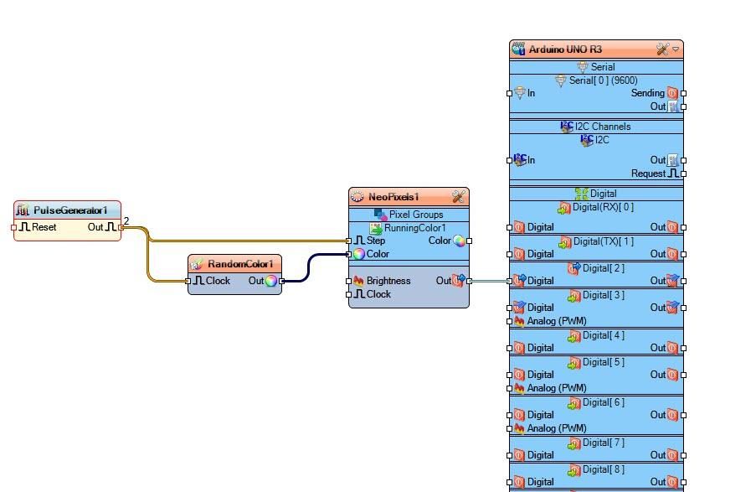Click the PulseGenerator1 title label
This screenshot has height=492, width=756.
pyautogui.click(x=70, y=210)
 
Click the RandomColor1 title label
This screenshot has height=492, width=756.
pyautogui.click(x=240, y=264)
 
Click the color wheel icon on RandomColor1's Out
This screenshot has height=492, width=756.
pyautogui.click(x=271, y=282)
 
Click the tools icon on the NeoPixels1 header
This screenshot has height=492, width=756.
pyautogui.click(x=458, y=197)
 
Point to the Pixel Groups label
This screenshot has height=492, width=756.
pyautogui.click(x=416, y=215)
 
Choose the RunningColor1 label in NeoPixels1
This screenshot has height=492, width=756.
pyautogui.click(x=414, y=228)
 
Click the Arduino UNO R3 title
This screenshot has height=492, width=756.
pyautogui.click(x=565, y=49)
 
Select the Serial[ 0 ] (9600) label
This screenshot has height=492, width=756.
pyautogui.click(x=604, y=80)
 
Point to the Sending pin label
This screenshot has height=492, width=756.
pyautogui.click(x=647, y=93)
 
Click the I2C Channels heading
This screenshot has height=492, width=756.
pyautogui.click(x=603, y=127)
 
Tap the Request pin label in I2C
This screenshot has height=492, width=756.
pyautogui.click(x=649, y=173)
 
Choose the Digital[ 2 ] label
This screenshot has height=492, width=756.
pyautogui.click(x=603, y=268)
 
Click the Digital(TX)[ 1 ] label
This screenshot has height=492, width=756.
pyautogui.click(x=603, y=241)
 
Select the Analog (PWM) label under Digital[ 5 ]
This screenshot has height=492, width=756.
pyautogui.click(x=556, y=388)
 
